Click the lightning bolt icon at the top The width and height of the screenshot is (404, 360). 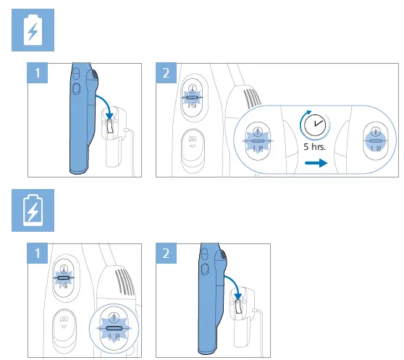click(x=32, y=32)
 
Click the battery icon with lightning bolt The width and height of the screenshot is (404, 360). click(x=32, y=212)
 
